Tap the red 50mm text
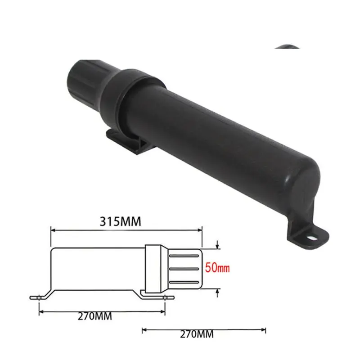[x=217, y=268]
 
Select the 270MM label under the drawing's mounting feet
[x=95, y=316]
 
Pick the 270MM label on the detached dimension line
[x=196, y=334]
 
